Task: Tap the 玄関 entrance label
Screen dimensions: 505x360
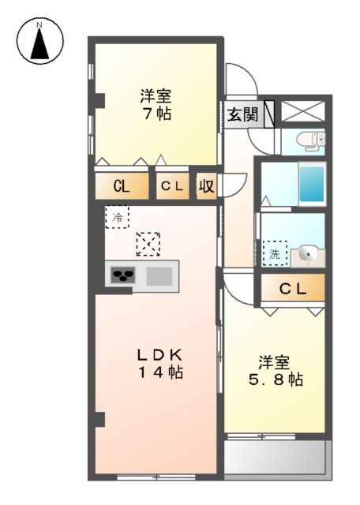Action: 243,114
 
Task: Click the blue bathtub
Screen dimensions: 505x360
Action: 312,185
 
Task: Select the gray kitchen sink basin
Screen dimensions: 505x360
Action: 159,276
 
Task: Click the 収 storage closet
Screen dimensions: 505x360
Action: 206,186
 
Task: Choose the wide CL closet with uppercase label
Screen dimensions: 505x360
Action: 122,186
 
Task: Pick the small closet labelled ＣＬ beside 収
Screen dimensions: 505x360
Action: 173,186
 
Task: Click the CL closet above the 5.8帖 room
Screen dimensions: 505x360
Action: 292,290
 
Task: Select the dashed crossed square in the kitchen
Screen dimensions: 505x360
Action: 147,244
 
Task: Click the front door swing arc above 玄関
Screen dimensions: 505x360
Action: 242,80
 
